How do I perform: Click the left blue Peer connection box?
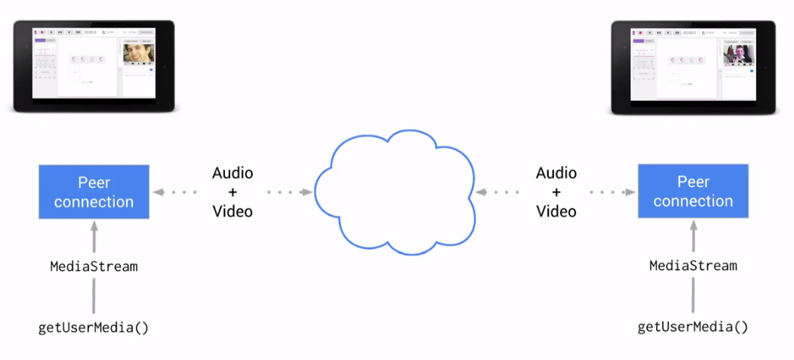94,192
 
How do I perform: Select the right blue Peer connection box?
693,191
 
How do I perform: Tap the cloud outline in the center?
394,192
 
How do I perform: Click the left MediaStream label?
94,266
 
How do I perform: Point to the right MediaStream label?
693,266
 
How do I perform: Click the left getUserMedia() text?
94,328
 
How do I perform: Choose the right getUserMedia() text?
693,327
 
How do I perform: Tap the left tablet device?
94,66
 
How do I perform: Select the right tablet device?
694,66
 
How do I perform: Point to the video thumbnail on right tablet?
737,53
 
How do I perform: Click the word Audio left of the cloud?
232,173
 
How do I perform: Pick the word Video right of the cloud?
556,211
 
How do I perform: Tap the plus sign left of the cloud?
232,192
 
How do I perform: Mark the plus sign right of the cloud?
556,192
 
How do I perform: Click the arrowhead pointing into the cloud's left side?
307,192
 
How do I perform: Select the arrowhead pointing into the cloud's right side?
480,192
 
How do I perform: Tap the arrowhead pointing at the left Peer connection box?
158,192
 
